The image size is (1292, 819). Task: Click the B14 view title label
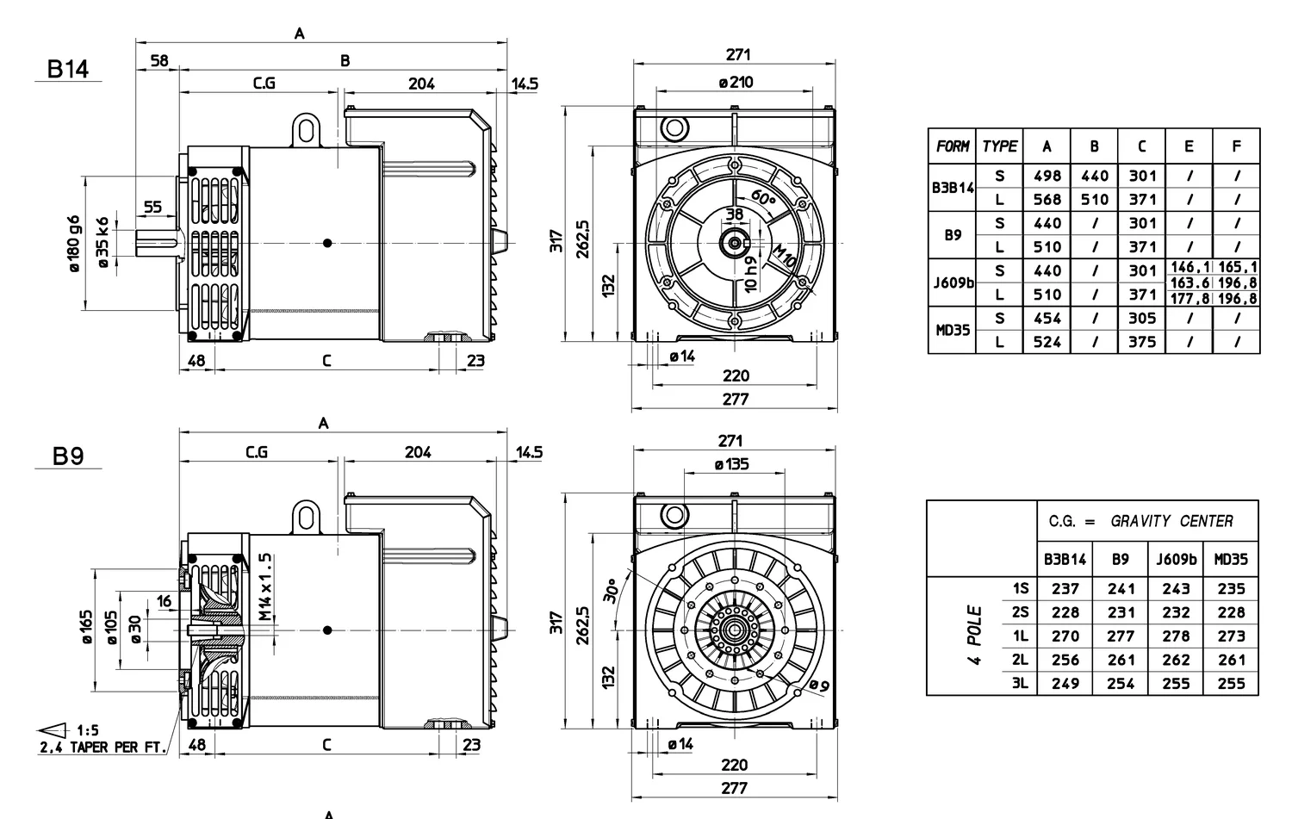(67, 69)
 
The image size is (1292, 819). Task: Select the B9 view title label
(68, 456)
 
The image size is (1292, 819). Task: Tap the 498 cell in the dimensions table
(1047, 176)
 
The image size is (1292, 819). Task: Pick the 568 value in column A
(1047, 200)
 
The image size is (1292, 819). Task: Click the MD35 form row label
(953, 330)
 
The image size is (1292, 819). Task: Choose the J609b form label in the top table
(953, 282)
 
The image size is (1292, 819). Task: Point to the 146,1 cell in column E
(1190, 267)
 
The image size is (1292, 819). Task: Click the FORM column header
(953, 146)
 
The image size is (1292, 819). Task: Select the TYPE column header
(999, 146)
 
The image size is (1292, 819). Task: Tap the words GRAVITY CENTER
(1171, 521)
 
